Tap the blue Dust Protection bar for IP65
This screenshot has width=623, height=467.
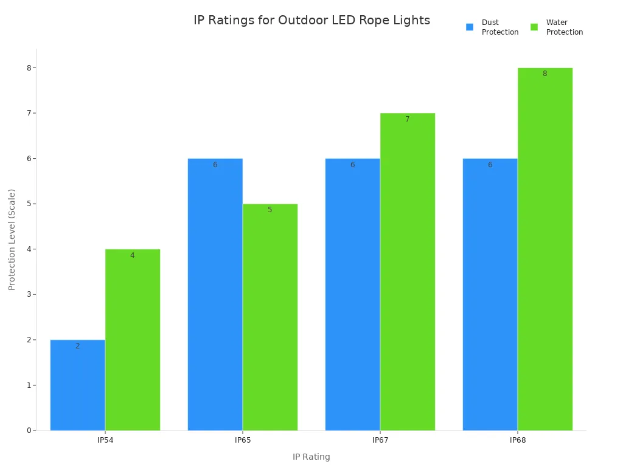[215, 294]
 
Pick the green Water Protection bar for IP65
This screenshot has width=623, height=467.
[270, 317]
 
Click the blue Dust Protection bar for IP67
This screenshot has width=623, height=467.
[352, 294]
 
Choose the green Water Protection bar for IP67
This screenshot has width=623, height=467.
[408, 272]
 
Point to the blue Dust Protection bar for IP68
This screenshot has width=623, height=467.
[490, 294]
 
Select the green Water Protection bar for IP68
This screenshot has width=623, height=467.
[545, 249]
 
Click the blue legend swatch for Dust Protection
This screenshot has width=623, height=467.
[470, 27]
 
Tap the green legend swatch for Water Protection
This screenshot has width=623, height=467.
[534, 27]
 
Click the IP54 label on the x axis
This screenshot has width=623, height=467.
[105, 440]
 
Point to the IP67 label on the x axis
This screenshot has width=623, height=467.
[380, 440]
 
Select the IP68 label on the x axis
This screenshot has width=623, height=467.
[518, 440]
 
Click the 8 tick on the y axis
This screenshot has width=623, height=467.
[29, 67]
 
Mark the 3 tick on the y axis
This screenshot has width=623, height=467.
[29, 294]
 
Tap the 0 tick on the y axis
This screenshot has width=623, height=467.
[29, 431]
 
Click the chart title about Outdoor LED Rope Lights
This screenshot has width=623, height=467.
[311, 20]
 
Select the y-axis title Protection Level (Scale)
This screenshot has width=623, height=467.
[12, 239]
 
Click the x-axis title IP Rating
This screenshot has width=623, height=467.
[311, 457]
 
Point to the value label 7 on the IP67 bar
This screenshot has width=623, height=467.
[408, 119]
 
